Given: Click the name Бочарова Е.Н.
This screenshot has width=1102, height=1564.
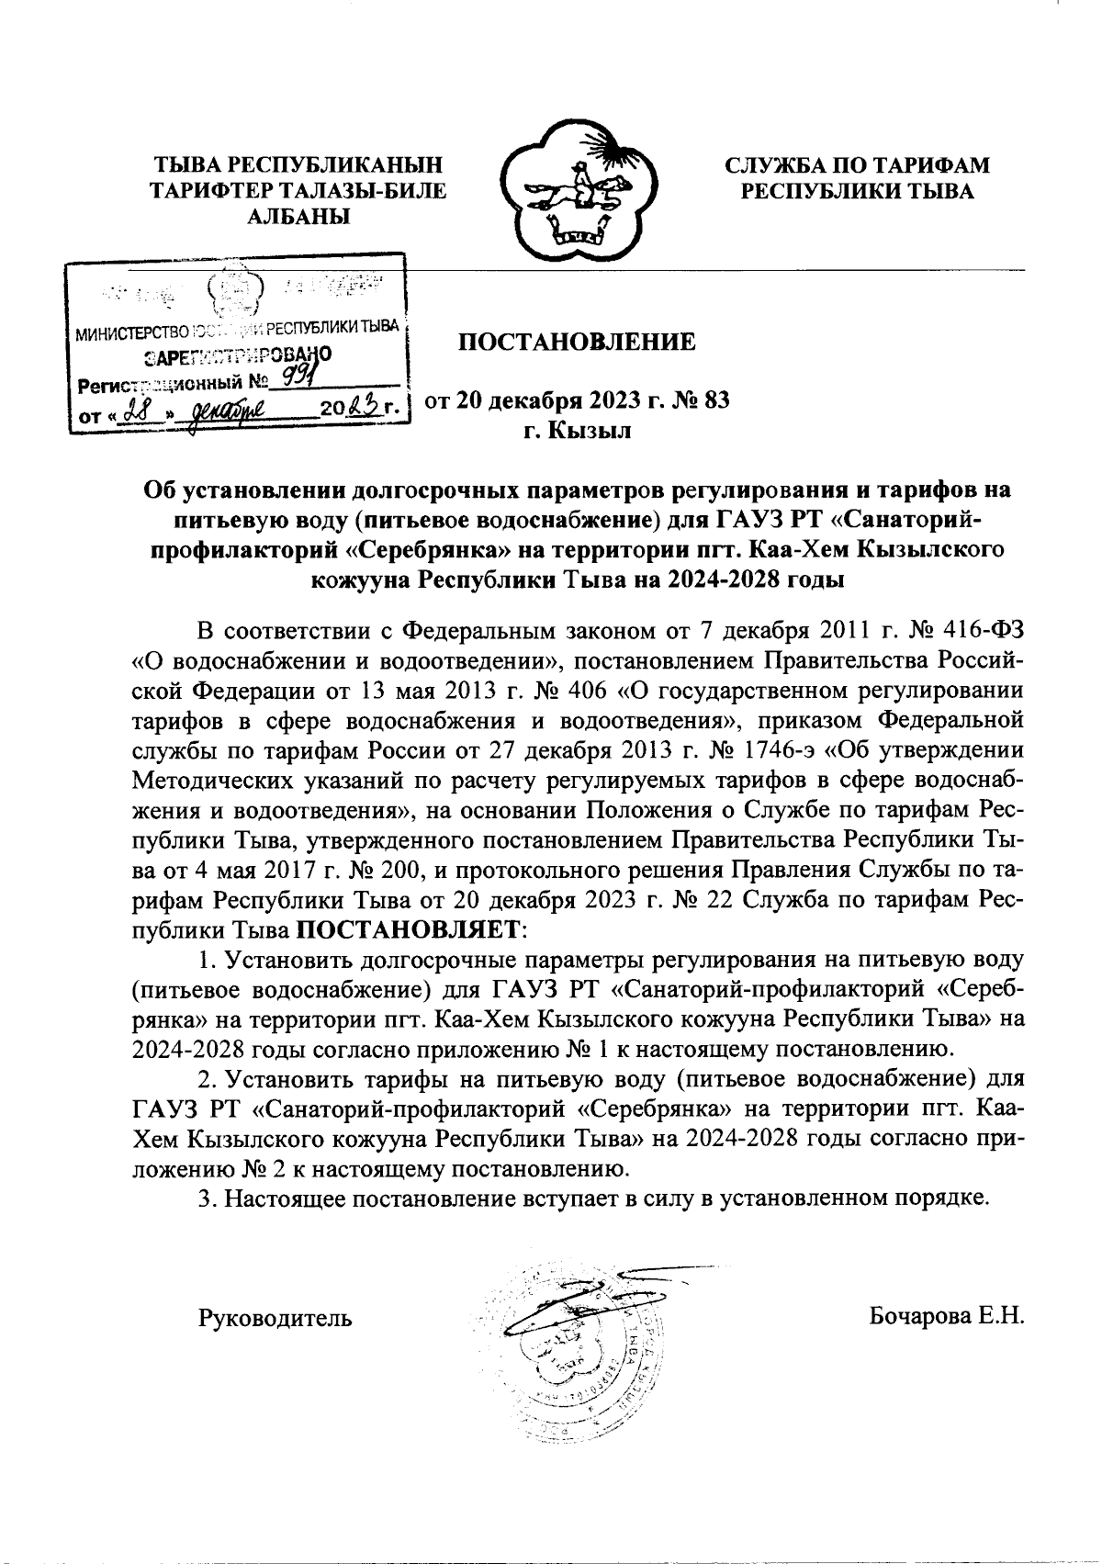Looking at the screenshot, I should (946, 1317).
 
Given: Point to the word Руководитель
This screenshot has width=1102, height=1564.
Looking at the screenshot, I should (275, 1319).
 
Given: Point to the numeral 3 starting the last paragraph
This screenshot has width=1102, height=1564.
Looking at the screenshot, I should (206, 1198).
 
